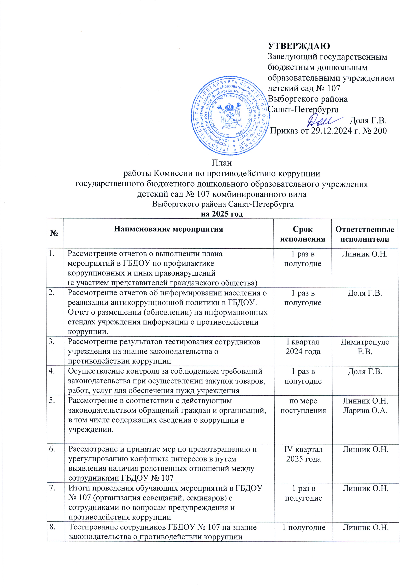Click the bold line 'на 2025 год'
click(222, 214)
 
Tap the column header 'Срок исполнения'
click(302, 234)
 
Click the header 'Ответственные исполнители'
click(365, 234)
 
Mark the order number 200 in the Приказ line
click(379, 131)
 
